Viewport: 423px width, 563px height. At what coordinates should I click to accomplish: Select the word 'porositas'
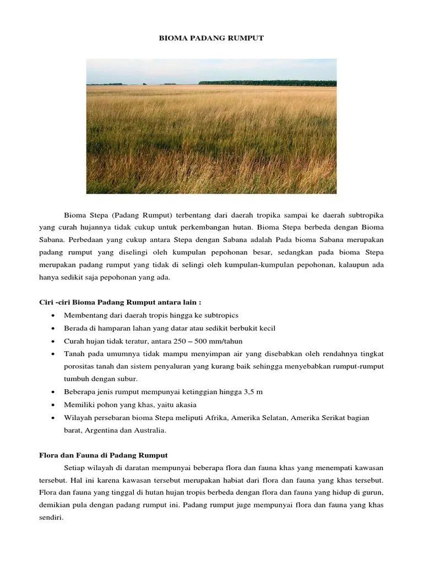click(x=80, y=367)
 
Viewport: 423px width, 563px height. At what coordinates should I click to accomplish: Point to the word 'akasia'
click(x=171, y=405)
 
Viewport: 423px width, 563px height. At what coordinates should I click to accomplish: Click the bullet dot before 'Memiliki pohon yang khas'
click(x=52, y=405)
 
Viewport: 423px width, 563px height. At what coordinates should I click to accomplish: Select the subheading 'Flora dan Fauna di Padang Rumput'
click(x=103, y=455)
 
